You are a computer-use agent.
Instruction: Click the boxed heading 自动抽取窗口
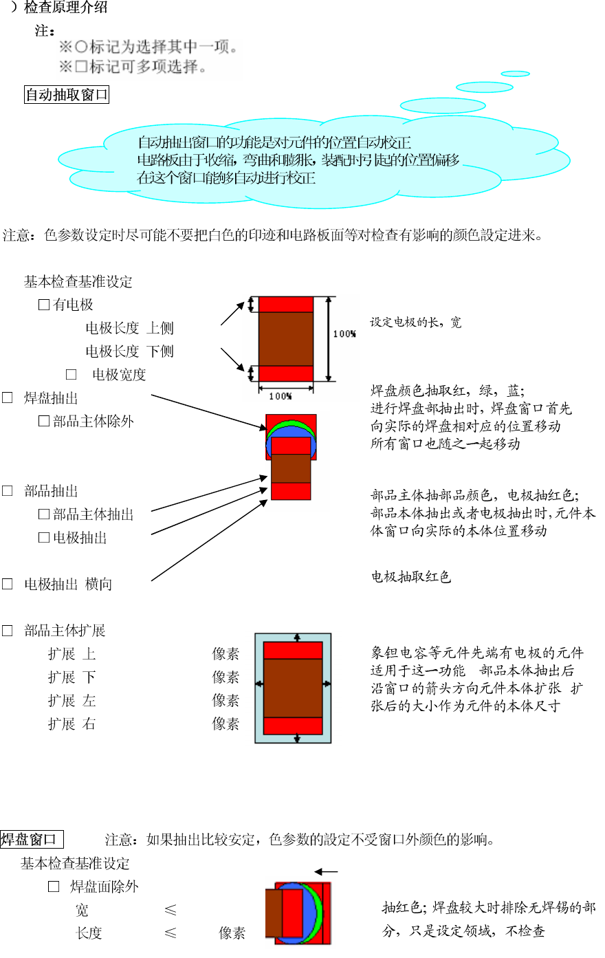tap(67, 95)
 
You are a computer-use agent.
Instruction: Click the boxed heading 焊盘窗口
tap(32, 840)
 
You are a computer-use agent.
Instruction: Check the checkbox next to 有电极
tap(44, 305)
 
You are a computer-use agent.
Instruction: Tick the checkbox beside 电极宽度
tap(71, 375)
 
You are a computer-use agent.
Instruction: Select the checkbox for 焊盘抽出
tap(8, 398)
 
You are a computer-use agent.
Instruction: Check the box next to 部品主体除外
tap(44, 421)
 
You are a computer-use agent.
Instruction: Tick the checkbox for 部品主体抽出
tap(44, 514)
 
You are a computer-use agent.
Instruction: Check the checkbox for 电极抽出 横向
tap(8, 584)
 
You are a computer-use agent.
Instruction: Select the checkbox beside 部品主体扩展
tap(8, 631)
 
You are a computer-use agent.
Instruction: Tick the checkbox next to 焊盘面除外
tap(54, 887)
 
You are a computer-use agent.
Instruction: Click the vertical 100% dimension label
tap(344, 334)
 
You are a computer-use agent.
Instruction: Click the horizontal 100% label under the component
tap(280, 396)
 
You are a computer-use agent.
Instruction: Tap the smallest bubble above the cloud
tap(515, 74)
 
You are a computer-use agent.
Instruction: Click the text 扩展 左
tap(71, 701)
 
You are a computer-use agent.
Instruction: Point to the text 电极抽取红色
tap(410, 577)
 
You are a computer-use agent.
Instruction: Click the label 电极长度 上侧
tap(129, 328)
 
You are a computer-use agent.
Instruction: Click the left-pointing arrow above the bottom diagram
tap(326, 872)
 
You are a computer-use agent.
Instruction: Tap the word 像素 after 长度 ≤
tap(232, 933)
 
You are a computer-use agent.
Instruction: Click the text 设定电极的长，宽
tap(416, 323)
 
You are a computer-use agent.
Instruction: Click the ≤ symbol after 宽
tap(170, 911)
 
